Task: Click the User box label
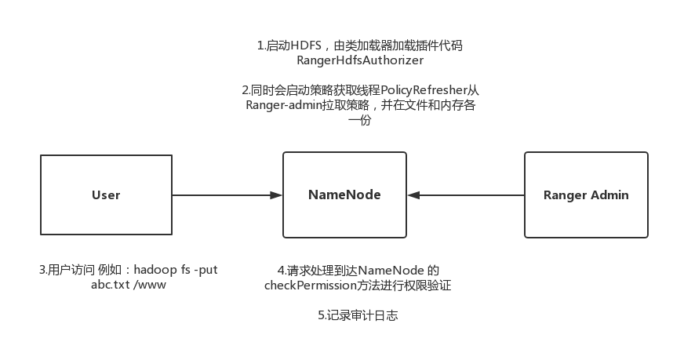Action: (106, 195)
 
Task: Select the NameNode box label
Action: (344, 195)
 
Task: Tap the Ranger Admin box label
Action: (586, 195)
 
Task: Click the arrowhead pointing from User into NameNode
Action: (276, 195)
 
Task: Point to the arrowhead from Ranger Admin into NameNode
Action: (413, 195)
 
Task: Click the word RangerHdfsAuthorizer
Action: (360, 60)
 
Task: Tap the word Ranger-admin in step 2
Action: (284, 105)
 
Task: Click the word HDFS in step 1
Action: (306, 45)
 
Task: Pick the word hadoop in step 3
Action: (155, 270)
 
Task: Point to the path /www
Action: (149, 285)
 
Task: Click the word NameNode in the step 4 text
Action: (391, 271)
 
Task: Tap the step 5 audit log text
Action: (358, 315)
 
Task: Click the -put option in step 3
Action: (206, 271)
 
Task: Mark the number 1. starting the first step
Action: (261, 45)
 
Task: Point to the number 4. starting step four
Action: (282, 271)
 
